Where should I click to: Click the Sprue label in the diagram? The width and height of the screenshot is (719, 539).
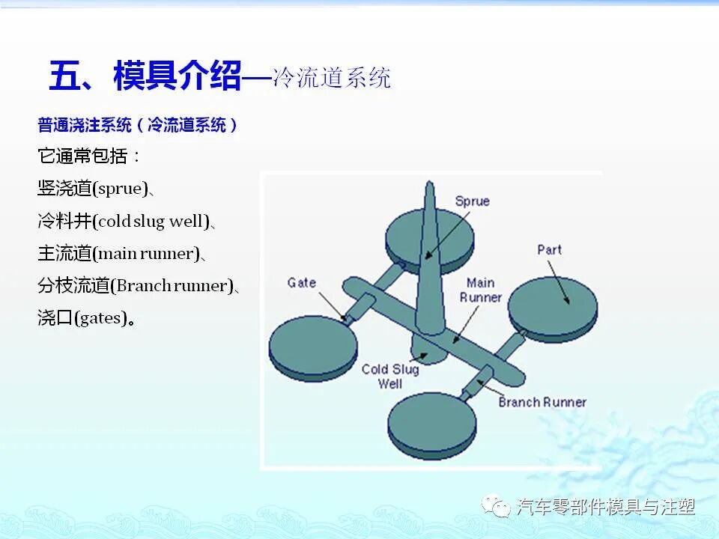[472, 201]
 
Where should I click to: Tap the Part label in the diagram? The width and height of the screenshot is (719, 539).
[549, 249]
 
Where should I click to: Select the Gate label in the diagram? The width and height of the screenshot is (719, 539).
[302, 282]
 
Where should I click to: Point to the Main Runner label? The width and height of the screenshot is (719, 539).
[481, 290]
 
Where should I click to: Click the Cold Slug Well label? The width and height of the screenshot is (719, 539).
[390, 376]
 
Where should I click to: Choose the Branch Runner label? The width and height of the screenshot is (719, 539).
[542, 402]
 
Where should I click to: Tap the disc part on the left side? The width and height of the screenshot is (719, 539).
[313, 347]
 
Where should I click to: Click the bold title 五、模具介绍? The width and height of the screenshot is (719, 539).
[145, 76]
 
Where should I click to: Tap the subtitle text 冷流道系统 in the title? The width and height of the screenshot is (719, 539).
[332, 78]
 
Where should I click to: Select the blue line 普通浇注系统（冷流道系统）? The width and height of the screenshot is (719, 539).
[138, 125]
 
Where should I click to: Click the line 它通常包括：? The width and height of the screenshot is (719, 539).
[89, 156]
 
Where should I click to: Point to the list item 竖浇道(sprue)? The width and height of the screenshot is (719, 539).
[95, 189]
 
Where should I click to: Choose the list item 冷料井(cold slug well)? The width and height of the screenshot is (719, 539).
[126, 221]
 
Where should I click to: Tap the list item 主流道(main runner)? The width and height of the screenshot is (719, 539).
[120, 253]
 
